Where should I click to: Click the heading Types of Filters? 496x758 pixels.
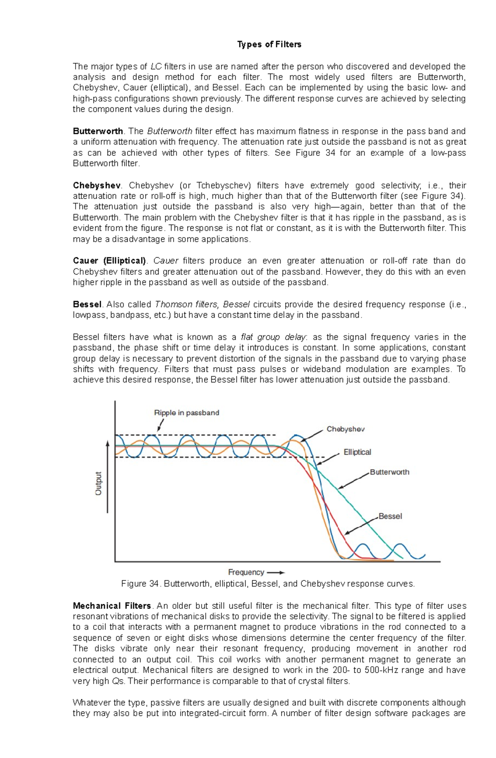coord(269,45)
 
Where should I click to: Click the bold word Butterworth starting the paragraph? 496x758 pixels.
coord(98,131)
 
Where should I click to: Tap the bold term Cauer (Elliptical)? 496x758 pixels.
coord(110,261)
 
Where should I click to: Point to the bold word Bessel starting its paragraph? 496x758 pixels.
coord(87,304)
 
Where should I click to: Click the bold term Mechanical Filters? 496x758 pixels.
coord(112,606)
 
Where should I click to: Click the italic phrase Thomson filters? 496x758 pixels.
coord(186,304)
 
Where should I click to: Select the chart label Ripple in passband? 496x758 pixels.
coord(186,413)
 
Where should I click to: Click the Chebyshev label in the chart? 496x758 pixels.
coord(346,429)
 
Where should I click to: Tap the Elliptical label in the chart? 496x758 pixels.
coord(357,452)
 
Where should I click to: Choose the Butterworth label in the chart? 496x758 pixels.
coord(389,472)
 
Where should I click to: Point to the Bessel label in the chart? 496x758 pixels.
coord(390,516)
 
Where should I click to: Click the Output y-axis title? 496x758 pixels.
coord(98,483)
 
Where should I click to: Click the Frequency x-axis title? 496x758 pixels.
coord(246,572)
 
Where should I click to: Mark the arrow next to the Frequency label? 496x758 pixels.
coord(276,573)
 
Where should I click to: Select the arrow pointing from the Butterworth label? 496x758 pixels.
coord(353,481)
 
